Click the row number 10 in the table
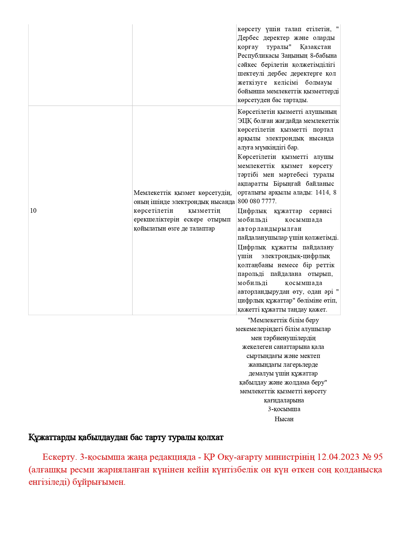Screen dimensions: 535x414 pos(33,211)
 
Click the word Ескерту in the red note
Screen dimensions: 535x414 pos(59,457)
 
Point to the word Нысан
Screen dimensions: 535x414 pos(284,419)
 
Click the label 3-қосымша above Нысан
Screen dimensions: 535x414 pos(284,409)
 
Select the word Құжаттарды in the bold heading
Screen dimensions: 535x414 pos(52,437)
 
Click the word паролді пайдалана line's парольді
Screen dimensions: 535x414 pos(251,274)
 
